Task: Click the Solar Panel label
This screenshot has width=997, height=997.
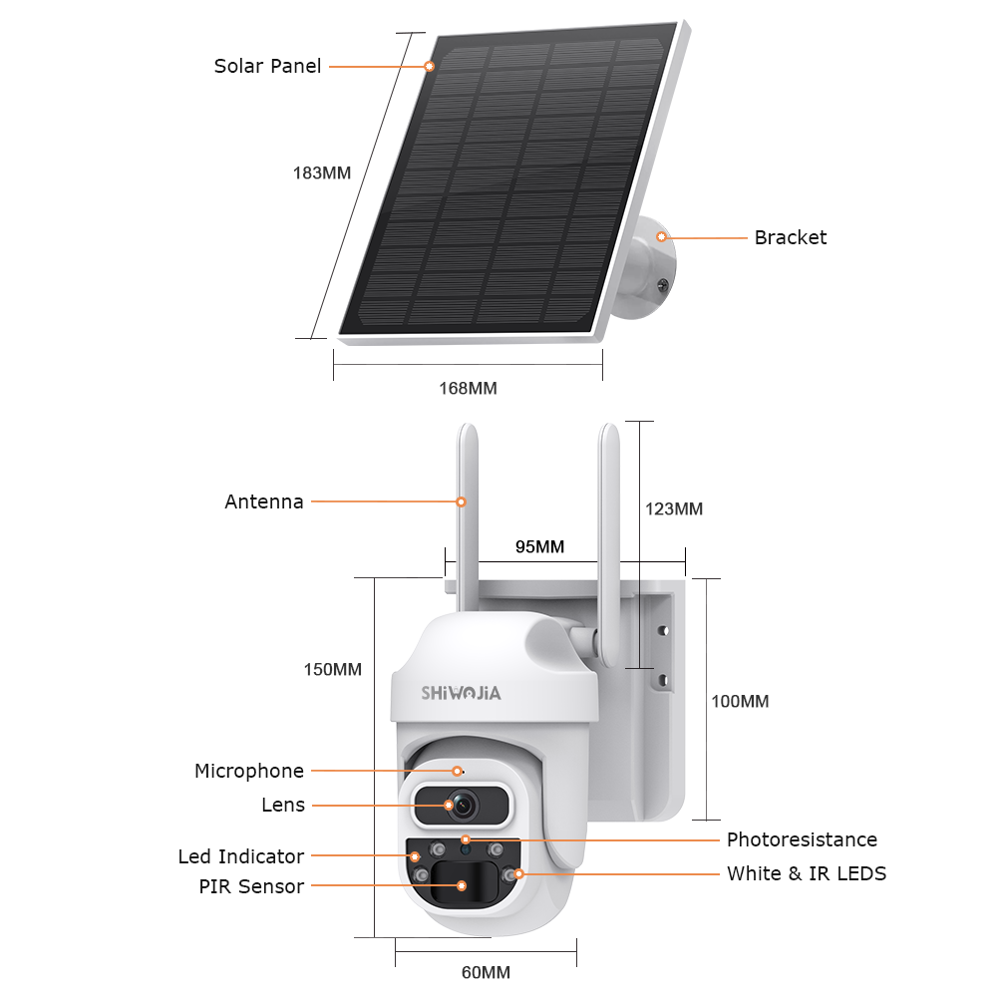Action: pos(267,67)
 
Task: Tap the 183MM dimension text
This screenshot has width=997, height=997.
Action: pos(322,172)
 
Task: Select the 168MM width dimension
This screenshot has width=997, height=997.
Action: pos(468,388)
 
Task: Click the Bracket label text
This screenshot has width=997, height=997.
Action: pos(790,237)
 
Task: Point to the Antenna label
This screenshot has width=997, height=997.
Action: pos(263,502)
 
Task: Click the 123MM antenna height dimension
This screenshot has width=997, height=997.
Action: pos(674,509)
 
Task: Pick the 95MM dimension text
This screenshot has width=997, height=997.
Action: pos(539,547)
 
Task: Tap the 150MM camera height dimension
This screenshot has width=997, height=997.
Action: pos(332,670)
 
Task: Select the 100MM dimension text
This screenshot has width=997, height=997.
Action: pos(740,702)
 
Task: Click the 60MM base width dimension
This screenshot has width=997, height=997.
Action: pos(486,972)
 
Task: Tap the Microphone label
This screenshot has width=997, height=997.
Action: pos(248,771)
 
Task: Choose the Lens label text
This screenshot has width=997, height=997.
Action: pos(283,805)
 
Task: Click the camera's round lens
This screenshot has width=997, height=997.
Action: pos(462,805)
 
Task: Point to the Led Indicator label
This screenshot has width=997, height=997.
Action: pos(240,856)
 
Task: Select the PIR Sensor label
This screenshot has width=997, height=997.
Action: pos(250,886)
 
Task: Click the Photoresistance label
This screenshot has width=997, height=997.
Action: pos(802,839)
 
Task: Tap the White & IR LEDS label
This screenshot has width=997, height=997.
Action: pos(806,874)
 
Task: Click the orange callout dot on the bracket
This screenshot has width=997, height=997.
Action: pos(661,237)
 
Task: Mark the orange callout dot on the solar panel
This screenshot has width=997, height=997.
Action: pos(430,67)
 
